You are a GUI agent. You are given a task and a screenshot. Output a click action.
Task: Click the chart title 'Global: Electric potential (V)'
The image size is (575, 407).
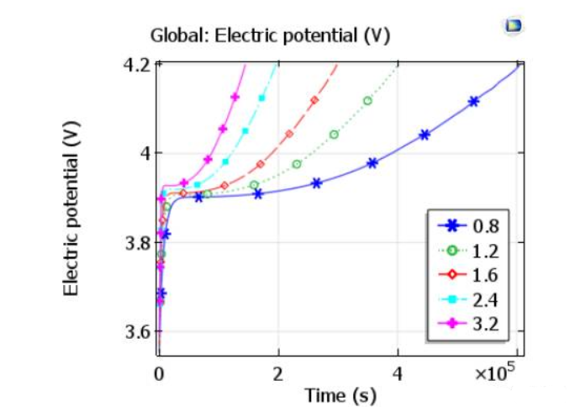click(269, 36)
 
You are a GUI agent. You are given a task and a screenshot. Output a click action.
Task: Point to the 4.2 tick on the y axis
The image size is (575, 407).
click(140, 65)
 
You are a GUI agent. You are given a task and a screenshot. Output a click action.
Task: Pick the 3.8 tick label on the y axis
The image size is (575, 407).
click(140, 243)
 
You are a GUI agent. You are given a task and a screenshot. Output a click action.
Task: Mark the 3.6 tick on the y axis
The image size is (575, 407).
click(140, 331)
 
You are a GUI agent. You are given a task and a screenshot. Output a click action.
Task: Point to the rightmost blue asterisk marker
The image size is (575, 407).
click(474, 101)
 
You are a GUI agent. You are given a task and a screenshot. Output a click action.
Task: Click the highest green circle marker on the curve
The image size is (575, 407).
click(367, 101)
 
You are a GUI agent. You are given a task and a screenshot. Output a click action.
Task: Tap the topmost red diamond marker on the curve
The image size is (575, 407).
click(314, 100)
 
